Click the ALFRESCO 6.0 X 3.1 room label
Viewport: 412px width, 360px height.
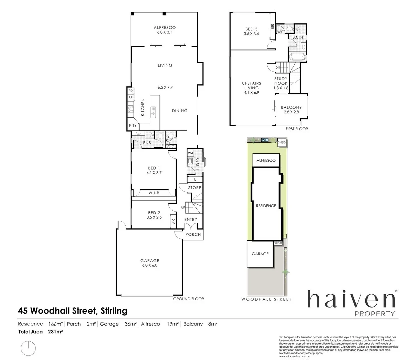(165, 30)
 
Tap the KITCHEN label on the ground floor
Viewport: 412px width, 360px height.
(143, 107)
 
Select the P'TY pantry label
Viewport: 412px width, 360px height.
(133, 125)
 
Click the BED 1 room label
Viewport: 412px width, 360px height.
(154, 170)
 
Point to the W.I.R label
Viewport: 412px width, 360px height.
(154, 193)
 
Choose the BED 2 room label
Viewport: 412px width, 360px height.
(154, 215)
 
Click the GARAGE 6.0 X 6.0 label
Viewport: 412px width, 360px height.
(150, 263)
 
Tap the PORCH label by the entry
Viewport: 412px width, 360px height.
(193, 234)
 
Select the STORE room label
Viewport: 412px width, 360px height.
(195, 188)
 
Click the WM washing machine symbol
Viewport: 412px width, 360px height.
(190, 153)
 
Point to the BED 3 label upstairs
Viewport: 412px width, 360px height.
(251, 31)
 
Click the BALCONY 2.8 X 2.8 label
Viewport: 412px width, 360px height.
(291, 110)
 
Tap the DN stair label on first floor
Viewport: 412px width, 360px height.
(278, 68)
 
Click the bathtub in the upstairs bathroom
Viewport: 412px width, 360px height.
(297, 57)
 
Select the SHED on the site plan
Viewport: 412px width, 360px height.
(282, 142)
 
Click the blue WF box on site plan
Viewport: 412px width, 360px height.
(265, 140)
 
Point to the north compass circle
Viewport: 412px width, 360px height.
(28, 348)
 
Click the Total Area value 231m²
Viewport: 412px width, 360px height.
(56, 332)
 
